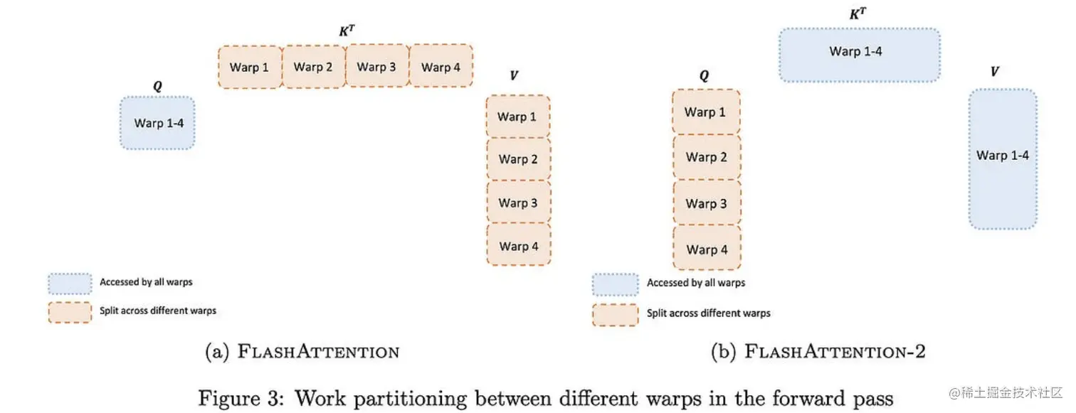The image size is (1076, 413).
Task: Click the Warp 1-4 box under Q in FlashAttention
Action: point(157,123)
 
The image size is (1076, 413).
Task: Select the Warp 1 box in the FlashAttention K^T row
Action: point(250,67)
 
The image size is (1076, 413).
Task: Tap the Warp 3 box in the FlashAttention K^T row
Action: point(376,67)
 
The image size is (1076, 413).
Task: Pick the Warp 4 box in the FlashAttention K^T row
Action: point(441,67)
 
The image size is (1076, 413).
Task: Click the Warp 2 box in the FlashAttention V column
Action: point(518,159)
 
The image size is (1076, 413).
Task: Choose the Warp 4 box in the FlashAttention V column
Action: point(518,246)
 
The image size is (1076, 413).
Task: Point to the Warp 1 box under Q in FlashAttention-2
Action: point(706,112)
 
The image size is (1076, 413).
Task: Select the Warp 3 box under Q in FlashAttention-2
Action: point(706,203)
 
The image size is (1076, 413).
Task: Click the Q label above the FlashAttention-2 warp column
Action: point(704,76)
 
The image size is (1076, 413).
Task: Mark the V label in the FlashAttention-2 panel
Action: point(994,71)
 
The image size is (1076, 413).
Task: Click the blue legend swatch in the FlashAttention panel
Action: point(70,283)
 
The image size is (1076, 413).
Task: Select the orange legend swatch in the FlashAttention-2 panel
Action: point(615,314)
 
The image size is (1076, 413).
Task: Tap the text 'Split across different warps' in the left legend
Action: point(158,311)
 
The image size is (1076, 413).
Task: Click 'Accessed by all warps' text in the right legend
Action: point(696,283)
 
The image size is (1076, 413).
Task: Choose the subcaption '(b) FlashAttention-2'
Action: point(818,351)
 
